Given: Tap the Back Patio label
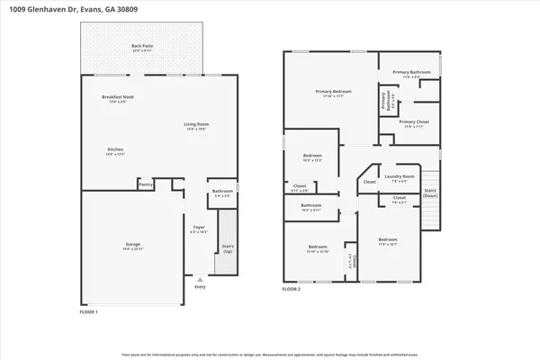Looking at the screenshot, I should click(x=142, y=47).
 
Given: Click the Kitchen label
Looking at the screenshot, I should click(x=116, y=150).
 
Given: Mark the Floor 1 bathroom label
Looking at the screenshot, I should click(x=222, y=193).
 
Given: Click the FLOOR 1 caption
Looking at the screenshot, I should click(x=89, y=311).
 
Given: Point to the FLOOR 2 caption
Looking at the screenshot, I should click(x=292, y=290).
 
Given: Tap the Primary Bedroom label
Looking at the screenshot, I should click(x=332, y=93).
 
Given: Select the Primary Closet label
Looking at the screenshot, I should click(x=414, y=123).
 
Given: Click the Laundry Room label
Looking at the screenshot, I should click(x=399, y=177).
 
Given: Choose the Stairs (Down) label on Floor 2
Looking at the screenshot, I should click(x=429, y=193).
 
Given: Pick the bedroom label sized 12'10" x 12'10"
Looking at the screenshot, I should click(x=318, y=247).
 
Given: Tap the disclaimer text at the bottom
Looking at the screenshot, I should click(x=270, y=355).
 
